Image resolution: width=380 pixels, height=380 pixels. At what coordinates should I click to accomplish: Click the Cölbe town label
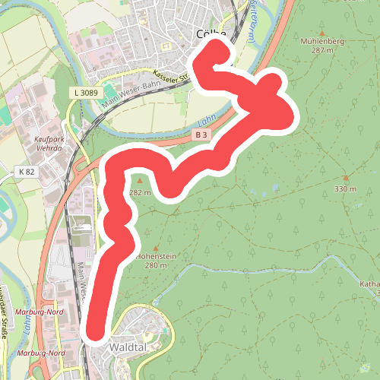[x=211, y=33]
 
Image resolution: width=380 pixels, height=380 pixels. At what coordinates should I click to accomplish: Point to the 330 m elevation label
[x=345, y=188]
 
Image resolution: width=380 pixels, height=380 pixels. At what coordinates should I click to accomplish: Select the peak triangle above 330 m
[x=345, y=178]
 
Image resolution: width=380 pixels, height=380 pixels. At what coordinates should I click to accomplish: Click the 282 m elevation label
[x=141, y=192]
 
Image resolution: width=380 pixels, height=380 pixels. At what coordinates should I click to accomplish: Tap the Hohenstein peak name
[x=156, y=257]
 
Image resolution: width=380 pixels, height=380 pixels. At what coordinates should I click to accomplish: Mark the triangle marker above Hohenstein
[x=156, y=248]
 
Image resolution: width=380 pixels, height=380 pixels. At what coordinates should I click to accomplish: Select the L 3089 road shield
[x=87, y=92]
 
